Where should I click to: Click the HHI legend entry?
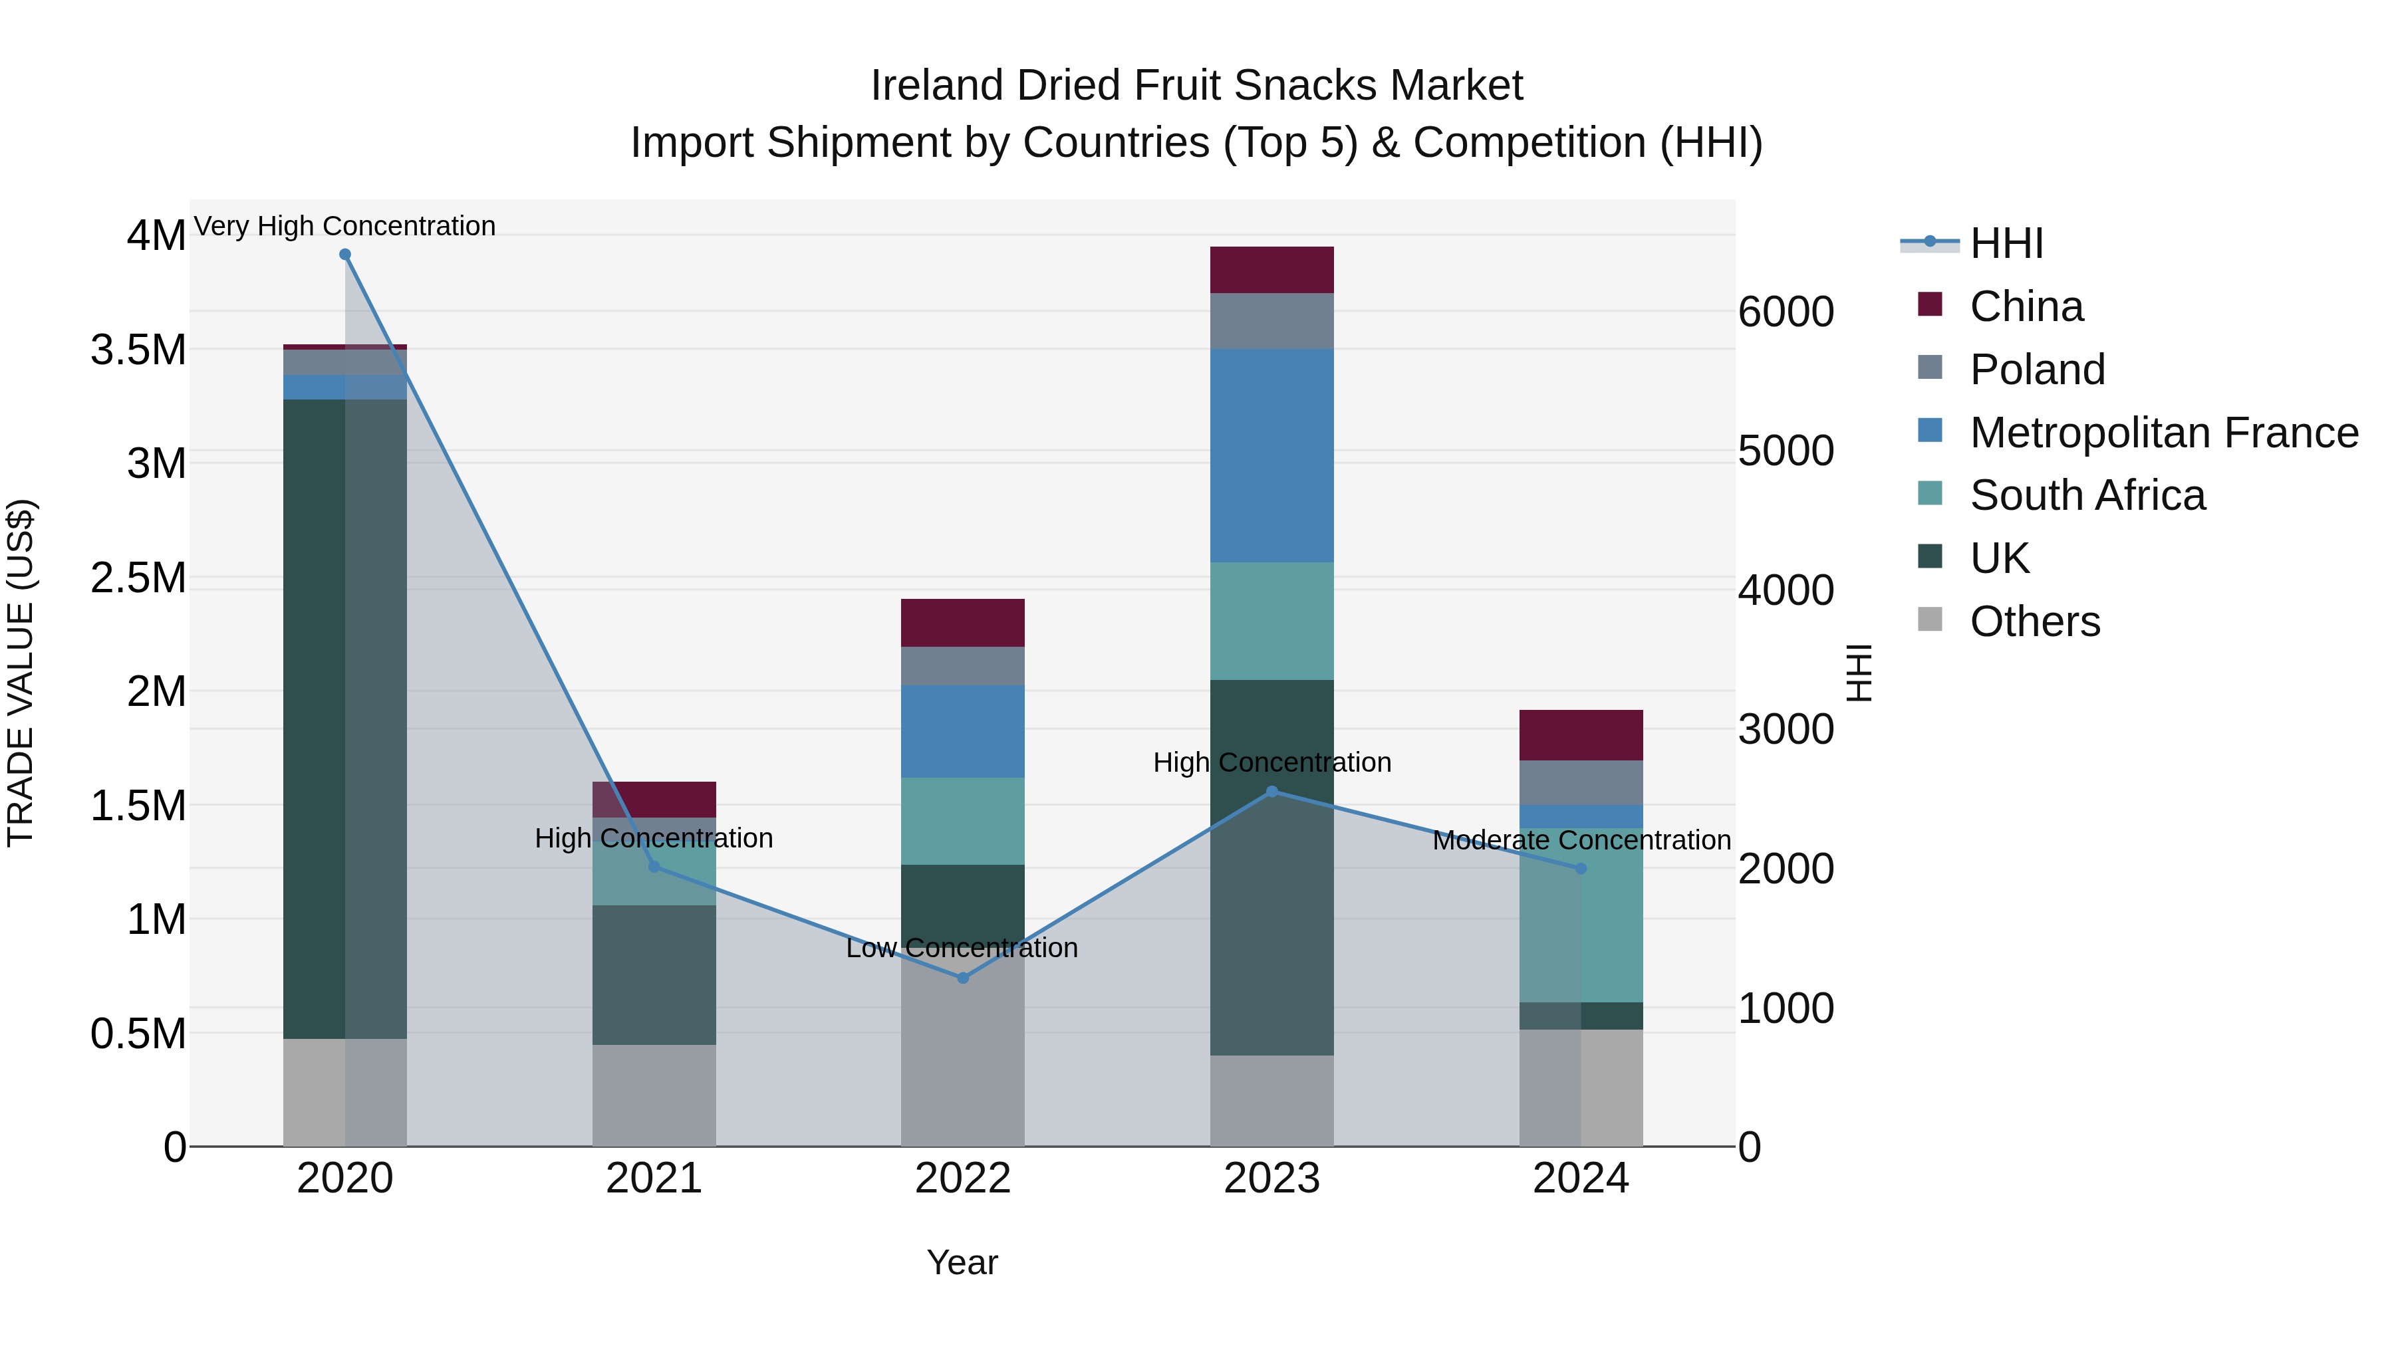tap(2006, 243)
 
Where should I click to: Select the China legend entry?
tap(2026, 306)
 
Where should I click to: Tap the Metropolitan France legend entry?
tap(2163, 433)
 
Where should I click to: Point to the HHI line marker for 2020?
tap(344, 255)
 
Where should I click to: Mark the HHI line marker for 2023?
tap(1272, 792)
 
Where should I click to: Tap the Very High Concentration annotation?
tap(344, 227)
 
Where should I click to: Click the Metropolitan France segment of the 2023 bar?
tap(1271, 455)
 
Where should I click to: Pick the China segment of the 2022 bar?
tap(963, 622)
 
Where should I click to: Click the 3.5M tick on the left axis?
tap(138, 351)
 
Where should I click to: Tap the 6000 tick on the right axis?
tap(1786, 312)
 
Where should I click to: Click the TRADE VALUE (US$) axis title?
tap(21, 673)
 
